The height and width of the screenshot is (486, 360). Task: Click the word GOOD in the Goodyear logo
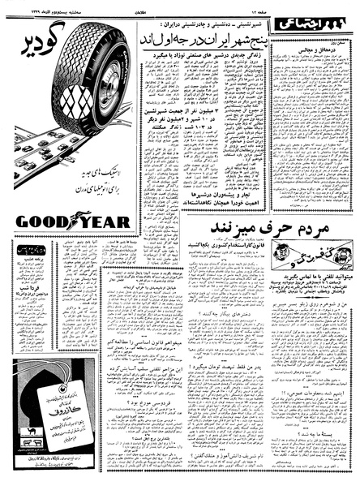(x=41, y=221)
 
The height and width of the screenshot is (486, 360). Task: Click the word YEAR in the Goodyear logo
(x=105, y=221)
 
